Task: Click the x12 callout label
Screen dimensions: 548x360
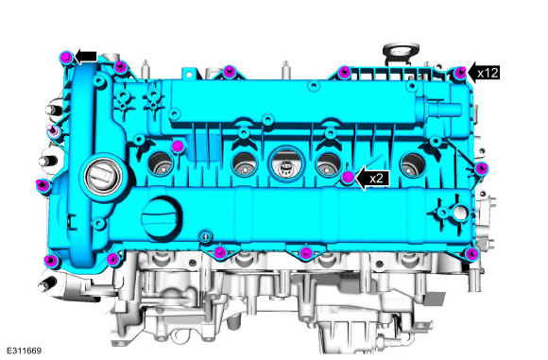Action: (488, 73)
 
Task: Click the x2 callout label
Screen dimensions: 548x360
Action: (376, 179)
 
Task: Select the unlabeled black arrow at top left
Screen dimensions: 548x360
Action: (86, 57)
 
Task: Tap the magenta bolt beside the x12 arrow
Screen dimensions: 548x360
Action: (460, 73)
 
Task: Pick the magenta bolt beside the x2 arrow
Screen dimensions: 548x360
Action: (348, 178)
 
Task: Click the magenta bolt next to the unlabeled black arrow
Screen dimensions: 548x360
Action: (66, 57)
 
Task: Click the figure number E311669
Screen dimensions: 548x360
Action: (24, 351)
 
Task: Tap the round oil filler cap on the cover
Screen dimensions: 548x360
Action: (162, 219)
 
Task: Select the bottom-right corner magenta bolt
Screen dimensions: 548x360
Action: (472, 253)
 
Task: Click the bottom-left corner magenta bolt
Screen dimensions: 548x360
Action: (50, 261)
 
